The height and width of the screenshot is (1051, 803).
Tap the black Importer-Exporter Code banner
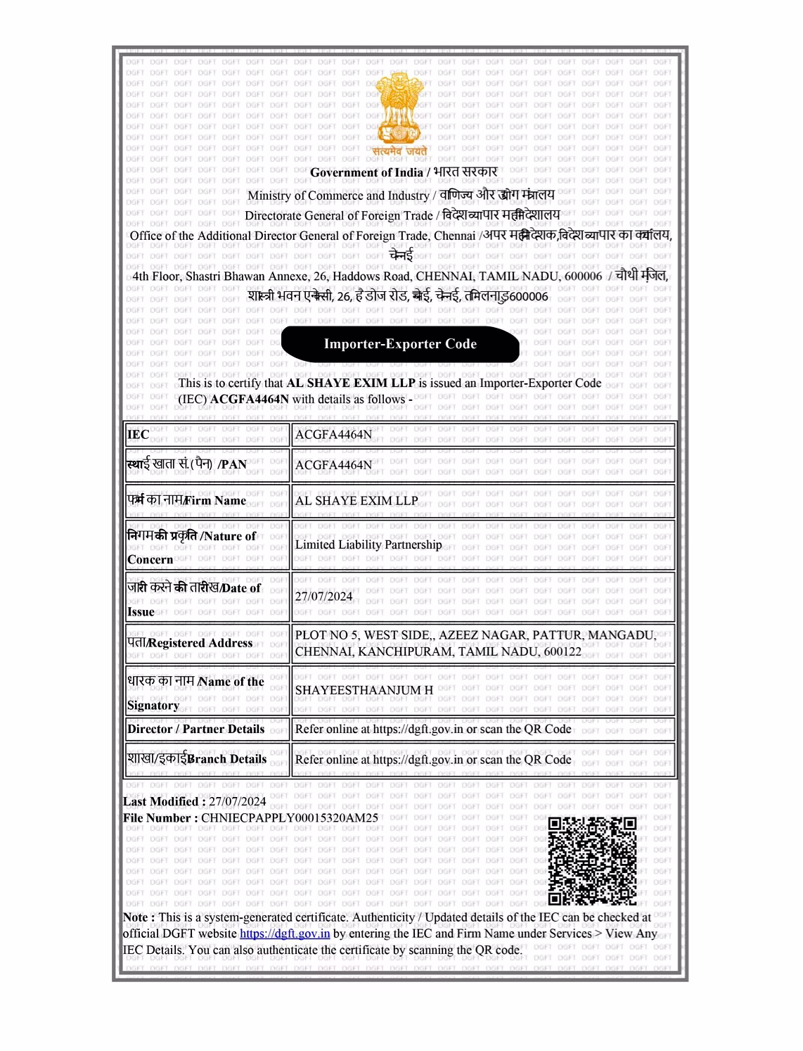point(400,344)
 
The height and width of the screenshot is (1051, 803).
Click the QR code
point(592,860)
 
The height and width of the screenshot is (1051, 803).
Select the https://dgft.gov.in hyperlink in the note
point(285,934)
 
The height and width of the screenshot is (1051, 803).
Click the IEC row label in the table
point(139,434)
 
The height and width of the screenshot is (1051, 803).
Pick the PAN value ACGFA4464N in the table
point(333,465)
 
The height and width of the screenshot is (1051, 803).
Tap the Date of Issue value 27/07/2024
point(323,597)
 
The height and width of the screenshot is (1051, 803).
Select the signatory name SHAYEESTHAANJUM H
point(364,690)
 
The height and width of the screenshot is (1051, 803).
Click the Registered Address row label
point(190,643)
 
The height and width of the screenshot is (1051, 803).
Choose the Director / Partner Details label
point(196,729)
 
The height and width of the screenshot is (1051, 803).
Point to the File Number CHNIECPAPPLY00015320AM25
point(289,817)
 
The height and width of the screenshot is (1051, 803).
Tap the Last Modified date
point(237,801)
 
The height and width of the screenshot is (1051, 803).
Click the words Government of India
point(366,172)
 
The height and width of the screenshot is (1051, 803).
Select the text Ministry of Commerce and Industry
point(338,196)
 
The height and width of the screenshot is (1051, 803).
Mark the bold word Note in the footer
point(135,917)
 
